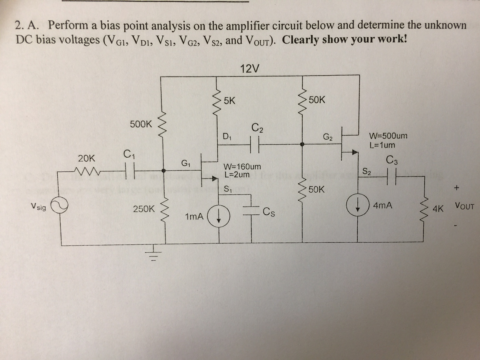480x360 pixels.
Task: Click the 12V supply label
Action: coord(250,69)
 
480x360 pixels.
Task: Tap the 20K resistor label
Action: coord(87,159)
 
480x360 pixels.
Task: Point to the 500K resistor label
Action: coord(141,124)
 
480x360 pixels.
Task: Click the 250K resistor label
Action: coord(144,209)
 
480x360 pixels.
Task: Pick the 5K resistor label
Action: coord(229,101)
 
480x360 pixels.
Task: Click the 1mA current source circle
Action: coord(219,217)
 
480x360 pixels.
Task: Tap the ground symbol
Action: coord(153,255)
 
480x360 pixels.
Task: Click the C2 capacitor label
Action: coord(257,128)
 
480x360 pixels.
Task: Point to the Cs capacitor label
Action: coord(269,212)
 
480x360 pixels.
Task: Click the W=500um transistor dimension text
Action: coord(388,136)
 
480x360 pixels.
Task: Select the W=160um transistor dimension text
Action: coord(242,167)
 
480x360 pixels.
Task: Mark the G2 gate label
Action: coord(328,137)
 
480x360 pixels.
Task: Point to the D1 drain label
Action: coord(227,136)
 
